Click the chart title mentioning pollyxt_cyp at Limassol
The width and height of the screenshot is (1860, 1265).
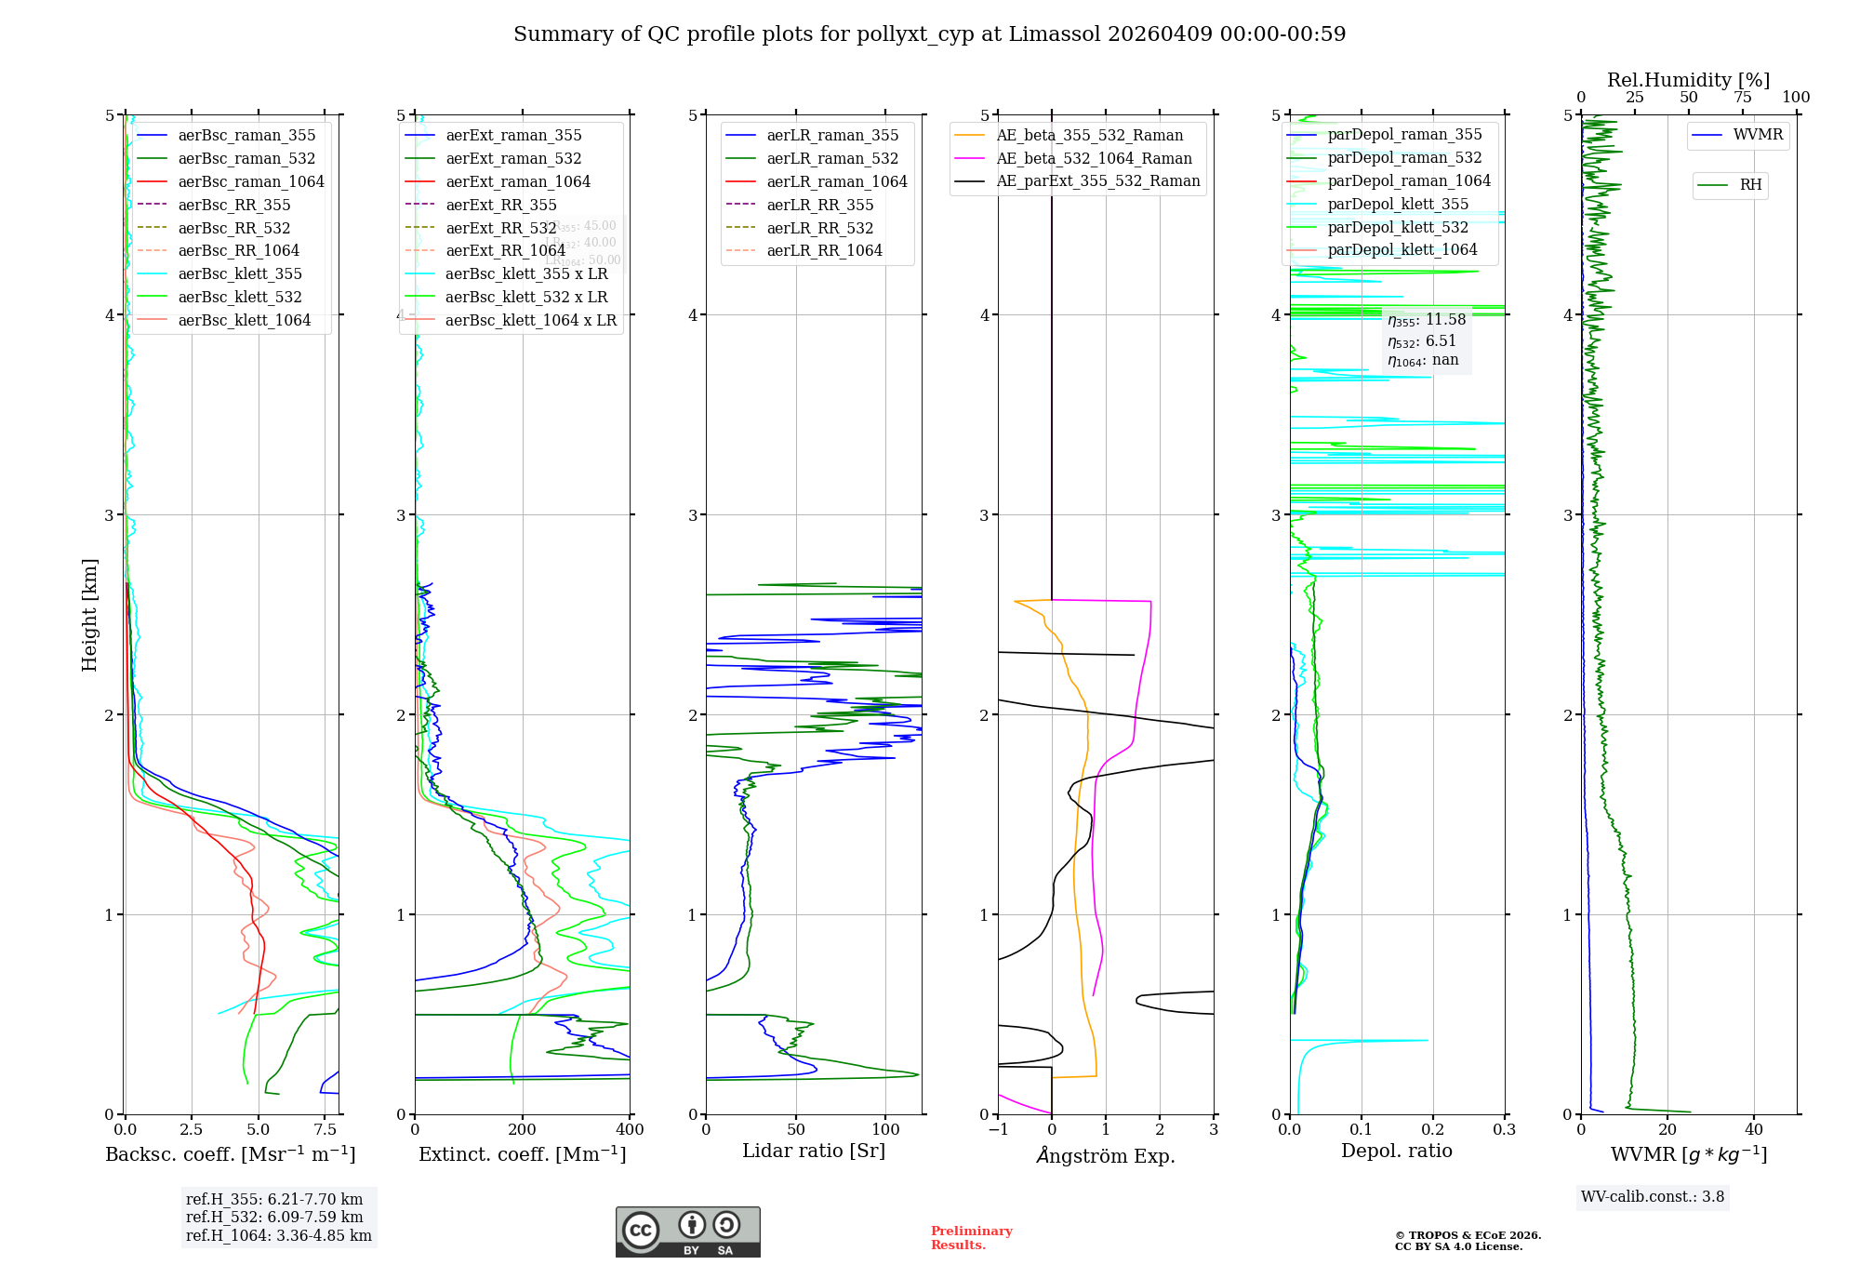click(929, 34)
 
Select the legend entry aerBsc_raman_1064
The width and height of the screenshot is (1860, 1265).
click(251, 181)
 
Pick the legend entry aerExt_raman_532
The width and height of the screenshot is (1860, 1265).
click(513, 158)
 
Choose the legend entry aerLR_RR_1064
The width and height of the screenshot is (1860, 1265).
click(824, 250)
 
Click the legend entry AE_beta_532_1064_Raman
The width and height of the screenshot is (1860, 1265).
click(1094, 158)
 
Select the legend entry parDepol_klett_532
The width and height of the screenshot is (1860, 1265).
click(1398, 227)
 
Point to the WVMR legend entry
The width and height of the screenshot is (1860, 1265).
click(1758, 135)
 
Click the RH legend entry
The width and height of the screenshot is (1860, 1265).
click(1750, 185)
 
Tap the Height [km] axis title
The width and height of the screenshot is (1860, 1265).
click(89, 614)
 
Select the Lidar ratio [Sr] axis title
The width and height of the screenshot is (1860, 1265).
click(814, 1151)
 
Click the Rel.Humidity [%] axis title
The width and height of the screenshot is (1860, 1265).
click(1688, 80)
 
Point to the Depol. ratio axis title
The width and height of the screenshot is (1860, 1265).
click(1396, 1151)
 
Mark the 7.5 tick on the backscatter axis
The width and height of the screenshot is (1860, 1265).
click(325, 1130)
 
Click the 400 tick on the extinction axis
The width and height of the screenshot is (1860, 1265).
click(630, 1130)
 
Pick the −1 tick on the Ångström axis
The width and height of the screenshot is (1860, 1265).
click(998, 1130)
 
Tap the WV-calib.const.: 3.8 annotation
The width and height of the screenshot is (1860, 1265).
click(1652, 1197)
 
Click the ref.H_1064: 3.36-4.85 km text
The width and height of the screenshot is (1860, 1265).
click(278, 1236)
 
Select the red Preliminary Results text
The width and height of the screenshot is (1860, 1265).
click(971, 1238)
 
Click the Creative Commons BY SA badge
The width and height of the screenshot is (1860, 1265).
click(687, 1232)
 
